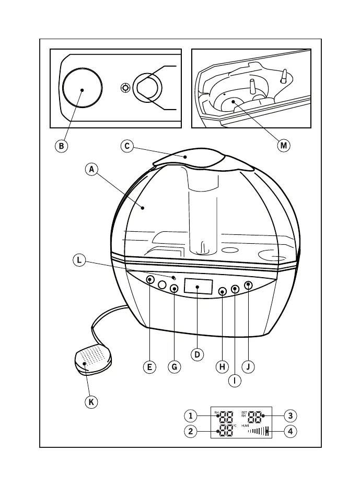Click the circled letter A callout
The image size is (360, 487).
click(x=91, y=169)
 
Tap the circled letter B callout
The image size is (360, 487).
click(x=61, y=146)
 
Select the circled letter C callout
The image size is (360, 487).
click(x=127, y=146)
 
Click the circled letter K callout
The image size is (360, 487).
click(x=92, y=402)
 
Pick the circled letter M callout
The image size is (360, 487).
click(x=283, y=146)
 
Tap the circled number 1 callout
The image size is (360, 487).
click(x=191, y=416)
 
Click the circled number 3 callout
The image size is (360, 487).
click(x=291, y=416)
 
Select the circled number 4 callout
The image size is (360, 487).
click(x=291, y=432)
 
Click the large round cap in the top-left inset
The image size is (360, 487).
click(x=82, y=90)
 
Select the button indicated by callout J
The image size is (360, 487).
click(x=248, y=285)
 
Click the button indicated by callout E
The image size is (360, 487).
click(x=150, y=280)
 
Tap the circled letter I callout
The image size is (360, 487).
click(x=235, y=381)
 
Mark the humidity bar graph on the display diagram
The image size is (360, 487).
click(x=259, y=431)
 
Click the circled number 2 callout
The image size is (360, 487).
click(x=191, y=432)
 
